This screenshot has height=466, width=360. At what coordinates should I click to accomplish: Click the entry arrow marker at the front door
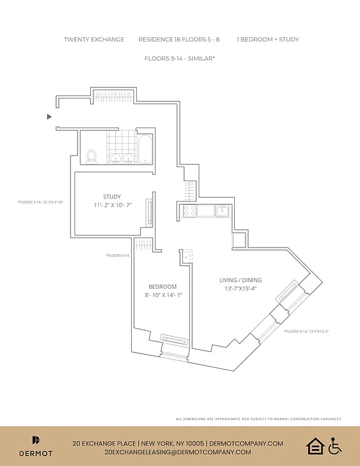(50, 116)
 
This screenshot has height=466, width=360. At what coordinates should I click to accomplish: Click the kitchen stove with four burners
(190, 210)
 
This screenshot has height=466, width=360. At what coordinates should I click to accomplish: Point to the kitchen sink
(223, 210)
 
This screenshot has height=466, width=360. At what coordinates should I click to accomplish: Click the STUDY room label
(112, 197)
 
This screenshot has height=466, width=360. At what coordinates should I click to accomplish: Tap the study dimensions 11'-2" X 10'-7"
(112, 205)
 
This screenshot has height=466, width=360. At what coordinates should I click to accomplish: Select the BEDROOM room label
(162, 287)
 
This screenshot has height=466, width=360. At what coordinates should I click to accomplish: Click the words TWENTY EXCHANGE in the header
(94, 40)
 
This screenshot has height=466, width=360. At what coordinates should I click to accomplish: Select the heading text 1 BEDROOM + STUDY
(267, 40)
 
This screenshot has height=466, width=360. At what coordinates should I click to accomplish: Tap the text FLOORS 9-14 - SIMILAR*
(180, 59)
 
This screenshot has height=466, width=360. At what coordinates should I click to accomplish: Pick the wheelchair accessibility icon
(334, 446)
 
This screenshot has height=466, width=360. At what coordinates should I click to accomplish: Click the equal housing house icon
(315, 446)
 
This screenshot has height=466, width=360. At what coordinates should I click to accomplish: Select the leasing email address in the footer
(178, 452)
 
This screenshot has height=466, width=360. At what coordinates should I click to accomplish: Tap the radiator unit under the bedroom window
(174, 340)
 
